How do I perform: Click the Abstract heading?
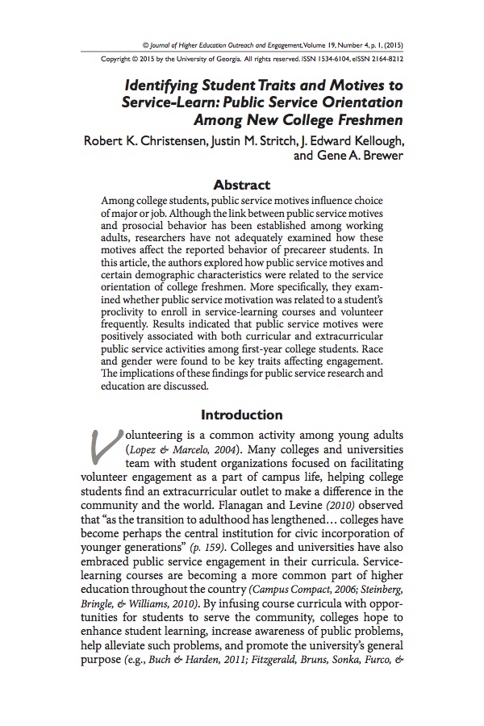point(241,185)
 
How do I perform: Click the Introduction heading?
point(241,415)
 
